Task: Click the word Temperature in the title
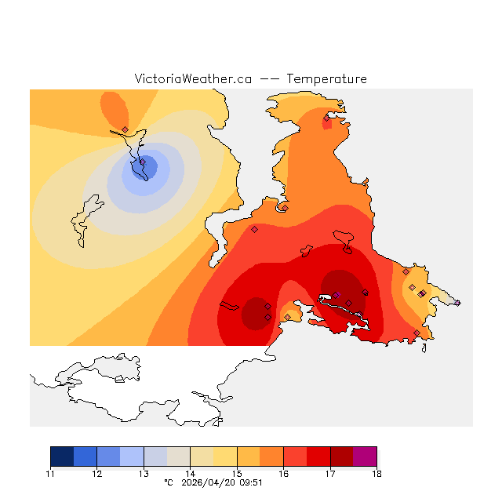coord(326,79)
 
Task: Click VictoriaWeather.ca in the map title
coord(193,79)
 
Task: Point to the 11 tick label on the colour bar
coord(50,474)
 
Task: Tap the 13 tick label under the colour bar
coord(144,474)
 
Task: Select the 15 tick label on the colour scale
coord(237,474)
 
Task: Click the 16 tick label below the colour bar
coord(283,474)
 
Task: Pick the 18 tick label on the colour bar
coord(376,474)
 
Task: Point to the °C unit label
coord(168,483)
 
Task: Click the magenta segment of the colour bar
coord(365,457)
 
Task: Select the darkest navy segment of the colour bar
coord(62,457)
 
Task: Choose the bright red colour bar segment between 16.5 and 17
coord(318,457)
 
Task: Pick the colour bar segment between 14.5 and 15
coord(225,457)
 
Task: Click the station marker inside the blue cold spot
coord(143,162)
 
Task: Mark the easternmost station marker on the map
coord(457,303)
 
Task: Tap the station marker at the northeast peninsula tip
coord(327,118)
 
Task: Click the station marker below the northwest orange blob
coord(125,129)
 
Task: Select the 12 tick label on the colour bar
coord(96,474)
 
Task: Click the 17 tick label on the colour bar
coord(330,474)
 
